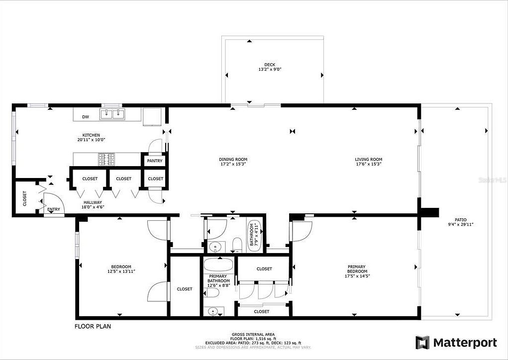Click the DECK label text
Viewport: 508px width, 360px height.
[x=270, y=64]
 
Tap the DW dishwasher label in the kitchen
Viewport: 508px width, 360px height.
[x=86, y=117]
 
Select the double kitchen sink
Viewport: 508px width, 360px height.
[x=112, y=114]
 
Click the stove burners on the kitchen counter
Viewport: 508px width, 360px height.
[x=105, y=159]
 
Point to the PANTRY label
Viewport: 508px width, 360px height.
[x=155, y=161]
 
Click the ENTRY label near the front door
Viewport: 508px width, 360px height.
[x=54, y=209]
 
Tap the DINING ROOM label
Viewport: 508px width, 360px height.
[x=233, y=159]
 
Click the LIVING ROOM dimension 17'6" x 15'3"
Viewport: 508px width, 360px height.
[x=368, y=164]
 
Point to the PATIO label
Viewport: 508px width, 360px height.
[x=460, y=219]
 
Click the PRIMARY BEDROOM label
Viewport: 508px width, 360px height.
[x=357, y=269]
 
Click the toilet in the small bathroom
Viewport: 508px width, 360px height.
[x=237, y=244]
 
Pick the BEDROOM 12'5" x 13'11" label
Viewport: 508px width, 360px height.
[x=121, y=269]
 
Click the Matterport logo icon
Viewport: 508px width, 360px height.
[x=422, y=343]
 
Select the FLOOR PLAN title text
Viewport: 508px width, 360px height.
[x=93, y=327]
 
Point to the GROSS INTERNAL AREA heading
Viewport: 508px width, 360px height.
[x=253, y=334]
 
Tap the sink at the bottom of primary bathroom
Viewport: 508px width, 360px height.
[x=213, y=311]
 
